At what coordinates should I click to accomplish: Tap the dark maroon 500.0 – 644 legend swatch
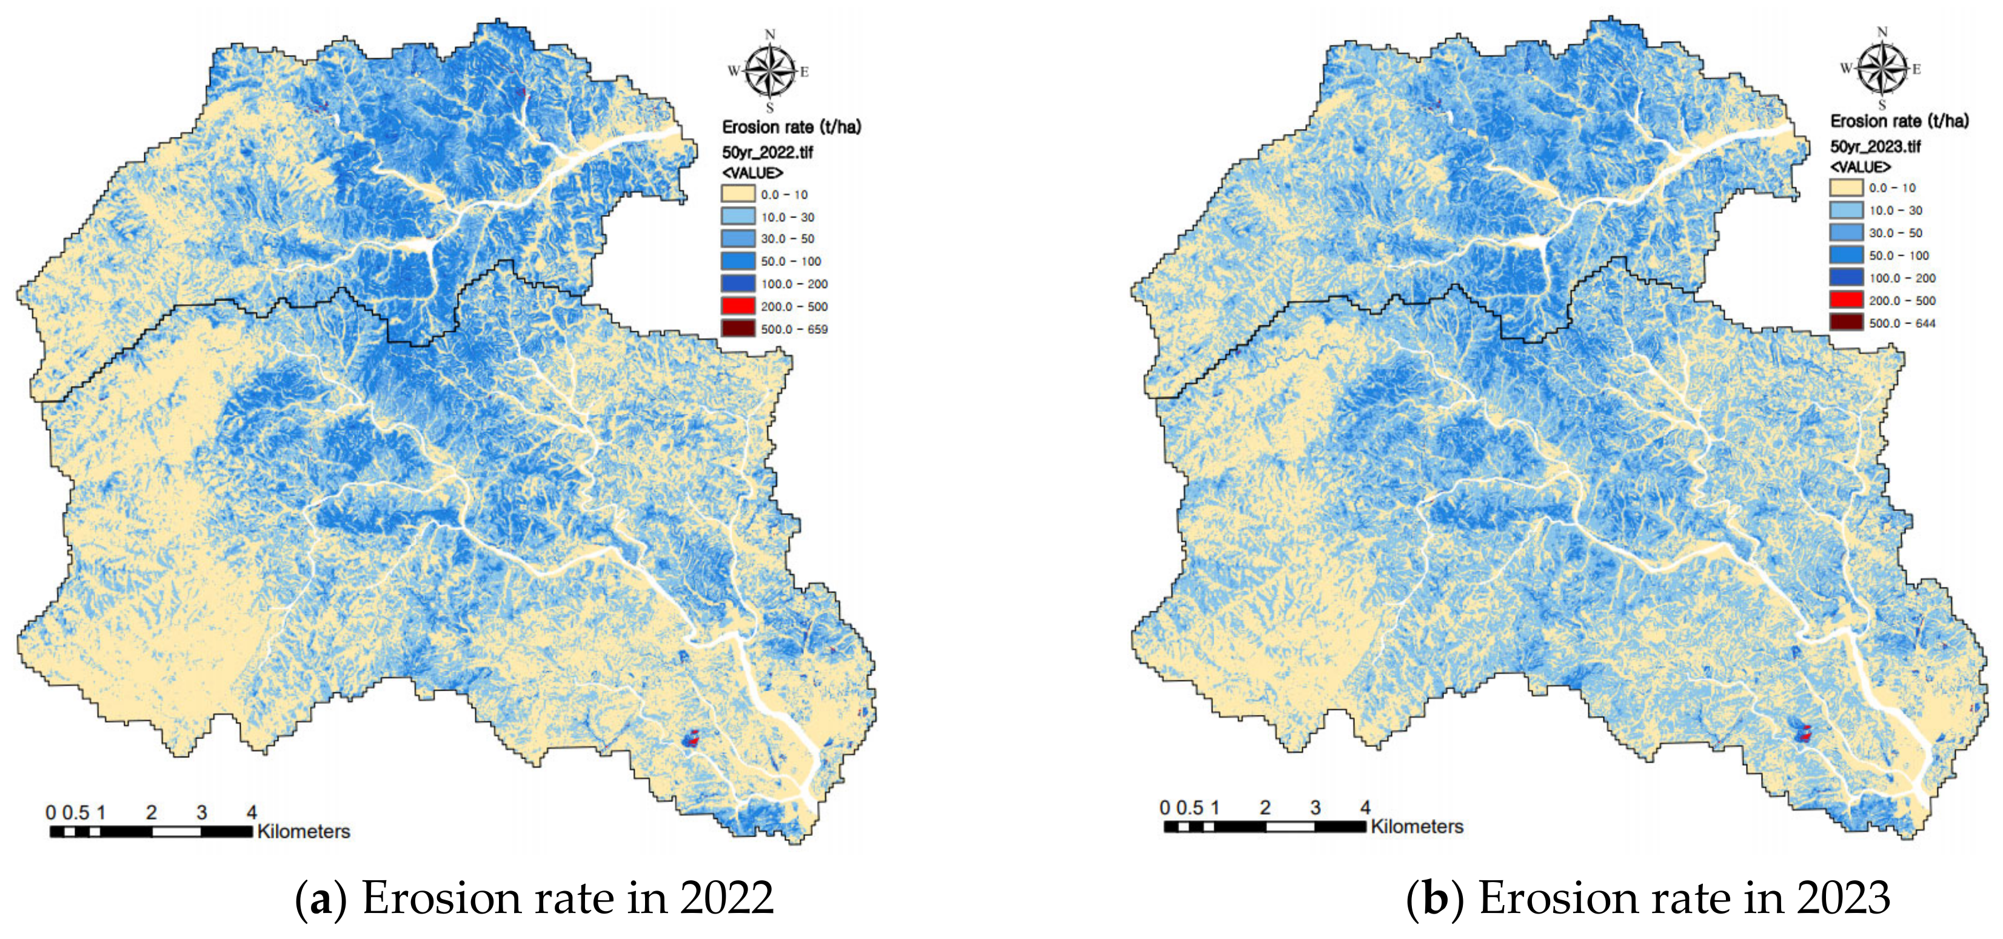point(1846,322)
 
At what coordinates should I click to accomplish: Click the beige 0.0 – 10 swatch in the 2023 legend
point(1846,187)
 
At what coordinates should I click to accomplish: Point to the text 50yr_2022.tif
point(767,151)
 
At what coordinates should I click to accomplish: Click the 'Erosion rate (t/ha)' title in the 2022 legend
point(791,127)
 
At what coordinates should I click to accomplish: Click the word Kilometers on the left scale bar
point(303,831)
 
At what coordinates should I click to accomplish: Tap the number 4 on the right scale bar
point(1365,807)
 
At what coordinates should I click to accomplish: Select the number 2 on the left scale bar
point(151,812)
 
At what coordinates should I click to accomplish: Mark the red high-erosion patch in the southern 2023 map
point(1805,733)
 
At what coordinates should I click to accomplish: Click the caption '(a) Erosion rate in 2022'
point(534,898)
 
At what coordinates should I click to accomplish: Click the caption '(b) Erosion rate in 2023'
point(1648,898)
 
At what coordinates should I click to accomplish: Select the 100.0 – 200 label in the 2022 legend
point(794,284)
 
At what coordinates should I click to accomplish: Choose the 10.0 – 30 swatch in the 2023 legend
point(1846,210)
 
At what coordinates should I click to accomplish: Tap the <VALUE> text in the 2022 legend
point(752,173)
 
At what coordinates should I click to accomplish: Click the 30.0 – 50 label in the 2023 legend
point(1895,233)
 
